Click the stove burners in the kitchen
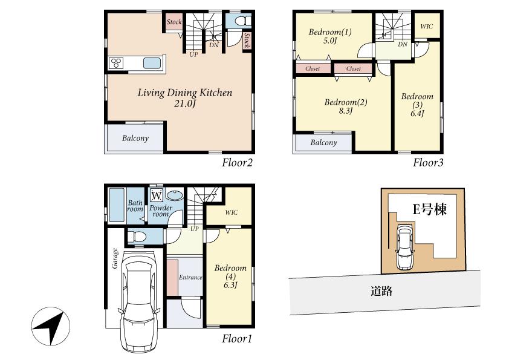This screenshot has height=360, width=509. click(117, 63)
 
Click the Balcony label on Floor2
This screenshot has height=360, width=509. click(135, 138)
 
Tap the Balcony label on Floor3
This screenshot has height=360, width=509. click(323, 142)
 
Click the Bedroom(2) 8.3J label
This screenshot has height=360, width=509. click(346, 106)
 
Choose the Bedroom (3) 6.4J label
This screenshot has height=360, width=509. click(417, 105)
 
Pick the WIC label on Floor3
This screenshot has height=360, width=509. click(426, 27)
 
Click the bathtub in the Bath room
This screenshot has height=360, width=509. click(116, 206)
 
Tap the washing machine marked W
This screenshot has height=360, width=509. click(156, 195)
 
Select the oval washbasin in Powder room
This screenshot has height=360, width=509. click(175, 195)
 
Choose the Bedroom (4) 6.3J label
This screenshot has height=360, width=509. click(230, 277)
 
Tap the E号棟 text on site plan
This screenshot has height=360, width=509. click(429, 210)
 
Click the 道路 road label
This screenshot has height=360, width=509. click(382, 291)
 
